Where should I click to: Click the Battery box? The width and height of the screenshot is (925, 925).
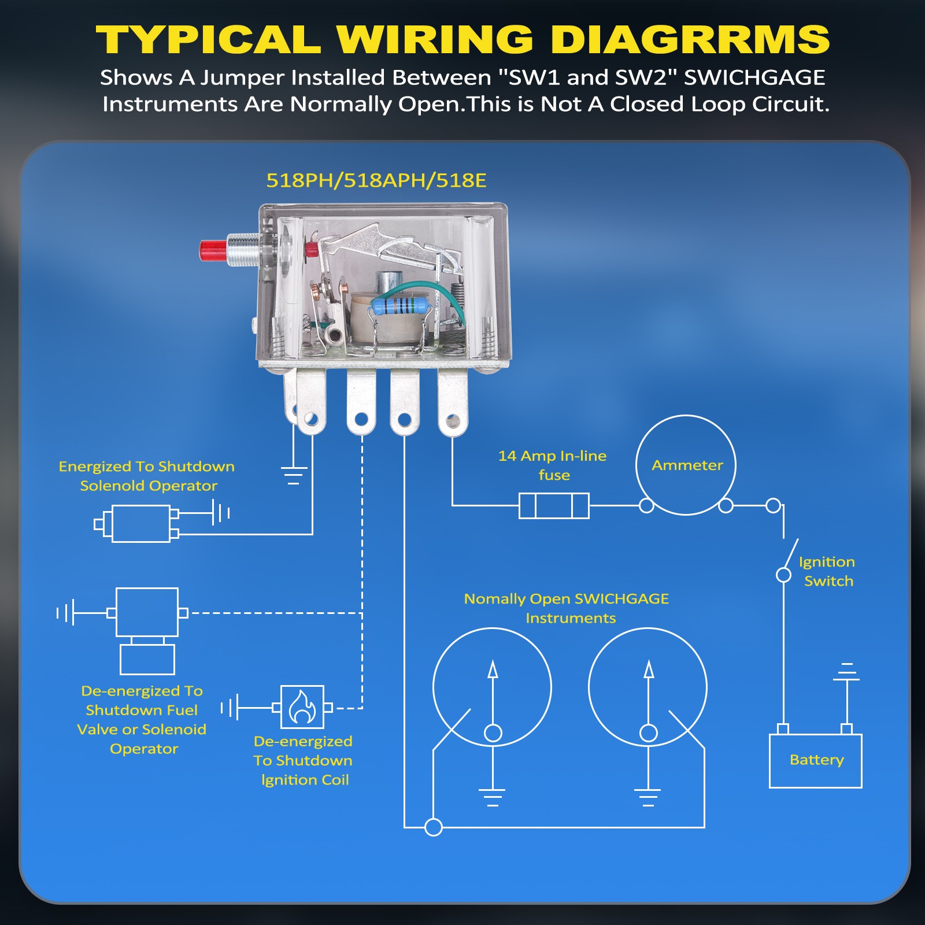pyautogui.click(x=815, y=760)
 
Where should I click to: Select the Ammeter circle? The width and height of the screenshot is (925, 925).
pyautogui.click(x=686, y=465)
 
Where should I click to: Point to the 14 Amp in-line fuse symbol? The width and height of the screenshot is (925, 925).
pyautogui.click(x=554, y=506)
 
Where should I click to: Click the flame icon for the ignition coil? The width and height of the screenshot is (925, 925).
pyautogui.click(x=302, y=707)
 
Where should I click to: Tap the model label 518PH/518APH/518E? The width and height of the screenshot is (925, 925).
pyautogui.click(x=376, y=180)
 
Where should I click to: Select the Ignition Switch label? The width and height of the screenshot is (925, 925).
pyautogui.click(x=827, y=571)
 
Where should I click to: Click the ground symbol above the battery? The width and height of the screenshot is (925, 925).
pyautogui.click(x=846, y=672)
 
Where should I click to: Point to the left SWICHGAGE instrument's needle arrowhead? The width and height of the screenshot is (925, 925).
pyautogui.click(x=493, y=669)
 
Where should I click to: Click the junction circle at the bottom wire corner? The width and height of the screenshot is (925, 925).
pyautogui.click(x=434, y=827)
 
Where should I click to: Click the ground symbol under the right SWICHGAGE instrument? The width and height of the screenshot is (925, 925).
pyautogui.click(x=648, y=797)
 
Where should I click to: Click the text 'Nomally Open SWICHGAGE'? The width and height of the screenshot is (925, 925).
pyautogui.click(x=566, y=599)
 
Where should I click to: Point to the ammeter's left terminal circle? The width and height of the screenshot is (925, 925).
pyautogui.click(x=646, y=506)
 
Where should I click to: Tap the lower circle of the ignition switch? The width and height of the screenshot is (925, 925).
pyautogui.click(x=783, y=575)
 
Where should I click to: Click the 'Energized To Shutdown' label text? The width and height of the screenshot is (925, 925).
pyautogui.click(x=147, y=467)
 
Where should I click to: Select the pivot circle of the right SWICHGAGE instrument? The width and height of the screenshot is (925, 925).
pyautogui.click(x=649, y=733)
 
